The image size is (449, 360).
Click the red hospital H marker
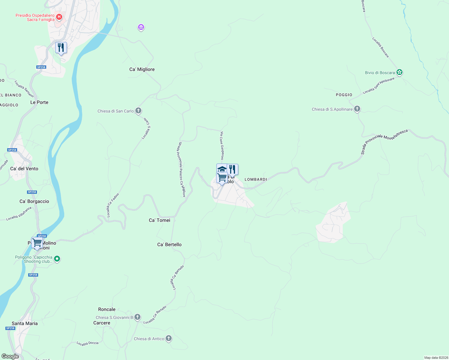59,17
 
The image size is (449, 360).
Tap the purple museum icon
141,28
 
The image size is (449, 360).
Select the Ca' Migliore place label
142,69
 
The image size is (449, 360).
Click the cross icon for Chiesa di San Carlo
138,111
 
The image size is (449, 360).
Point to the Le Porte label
39,102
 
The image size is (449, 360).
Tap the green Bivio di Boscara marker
399,72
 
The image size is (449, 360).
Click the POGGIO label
344,95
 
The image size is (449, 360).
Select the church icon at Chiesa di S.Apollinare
357,109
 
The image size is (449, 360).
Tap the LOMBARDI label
256,179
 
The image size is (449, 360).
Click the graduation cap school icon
221,168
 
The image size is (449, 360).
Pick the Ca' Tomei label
159,220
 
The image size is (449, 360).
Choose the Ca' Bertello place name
169,244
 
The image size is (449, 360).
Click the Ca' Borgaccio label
34,201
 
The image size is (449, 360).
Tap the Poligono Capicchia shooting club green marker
57,259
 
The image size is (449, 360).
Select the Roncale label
107,309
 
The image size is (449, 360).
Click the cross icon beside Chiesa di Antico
169,339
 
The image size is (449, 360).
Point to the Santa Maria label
25,323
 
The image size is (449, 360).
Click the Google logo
10,356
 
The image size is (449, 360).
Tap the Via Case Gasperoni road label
222,145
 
